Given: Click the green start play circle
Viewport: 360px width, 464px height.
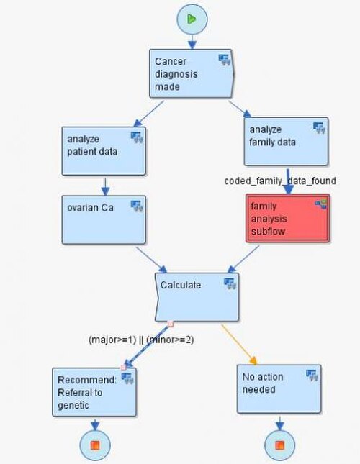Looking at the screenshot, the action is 192,19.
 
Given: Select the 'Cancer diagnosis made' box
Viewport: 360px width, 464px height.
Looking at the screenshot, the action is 192,73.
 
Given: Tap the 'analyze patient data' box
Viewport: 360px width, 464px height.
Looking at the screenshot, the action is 104,151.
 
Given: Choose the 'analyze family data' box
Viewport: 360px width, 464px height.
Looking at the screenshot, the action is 286,142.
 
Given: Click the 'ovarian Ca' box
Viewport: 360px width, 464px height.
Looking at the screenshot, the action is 104,220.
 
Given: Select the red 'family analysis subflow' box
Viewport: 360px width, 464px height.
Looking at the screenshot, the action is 287,219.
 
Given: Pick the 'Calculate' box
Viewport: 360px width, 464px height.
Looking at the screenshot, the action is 197,297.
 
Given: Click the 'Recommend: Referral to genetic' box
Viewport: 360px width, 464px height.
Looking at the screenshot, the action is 94,392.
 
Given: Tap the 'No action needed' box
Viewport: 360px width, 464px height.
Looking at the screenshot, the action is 279,389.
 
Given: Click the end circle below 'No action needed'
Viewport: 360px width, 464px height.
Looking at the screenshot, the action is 279,445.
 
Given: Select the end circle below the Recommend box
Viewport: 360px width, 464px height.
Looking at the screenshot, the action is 95,445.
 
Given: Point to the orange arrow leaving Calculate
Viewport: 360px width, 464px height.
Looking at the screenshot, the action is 239,345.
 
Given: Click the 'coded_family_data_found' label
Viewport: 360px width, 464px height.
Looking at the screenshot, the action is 280,181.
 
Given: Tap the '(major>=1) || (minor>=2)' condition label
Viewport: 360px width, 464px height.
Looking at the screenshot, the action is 141,340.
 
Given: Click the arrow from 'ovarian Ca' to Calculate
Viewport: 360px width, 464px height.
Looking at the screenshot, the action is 151,260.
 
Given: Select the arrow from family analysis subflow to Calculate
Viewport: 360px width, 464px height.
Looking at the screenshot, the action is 243,259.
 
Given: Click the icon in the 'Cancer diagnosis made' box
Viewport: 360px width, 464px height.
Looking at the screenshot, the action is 225,60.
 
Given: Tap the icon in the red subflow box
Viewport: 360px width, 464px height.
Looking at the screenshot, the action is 321,204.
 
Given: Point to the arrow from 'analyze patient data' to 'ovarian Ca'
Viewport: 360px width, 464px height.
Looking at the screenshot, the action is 105,187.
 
